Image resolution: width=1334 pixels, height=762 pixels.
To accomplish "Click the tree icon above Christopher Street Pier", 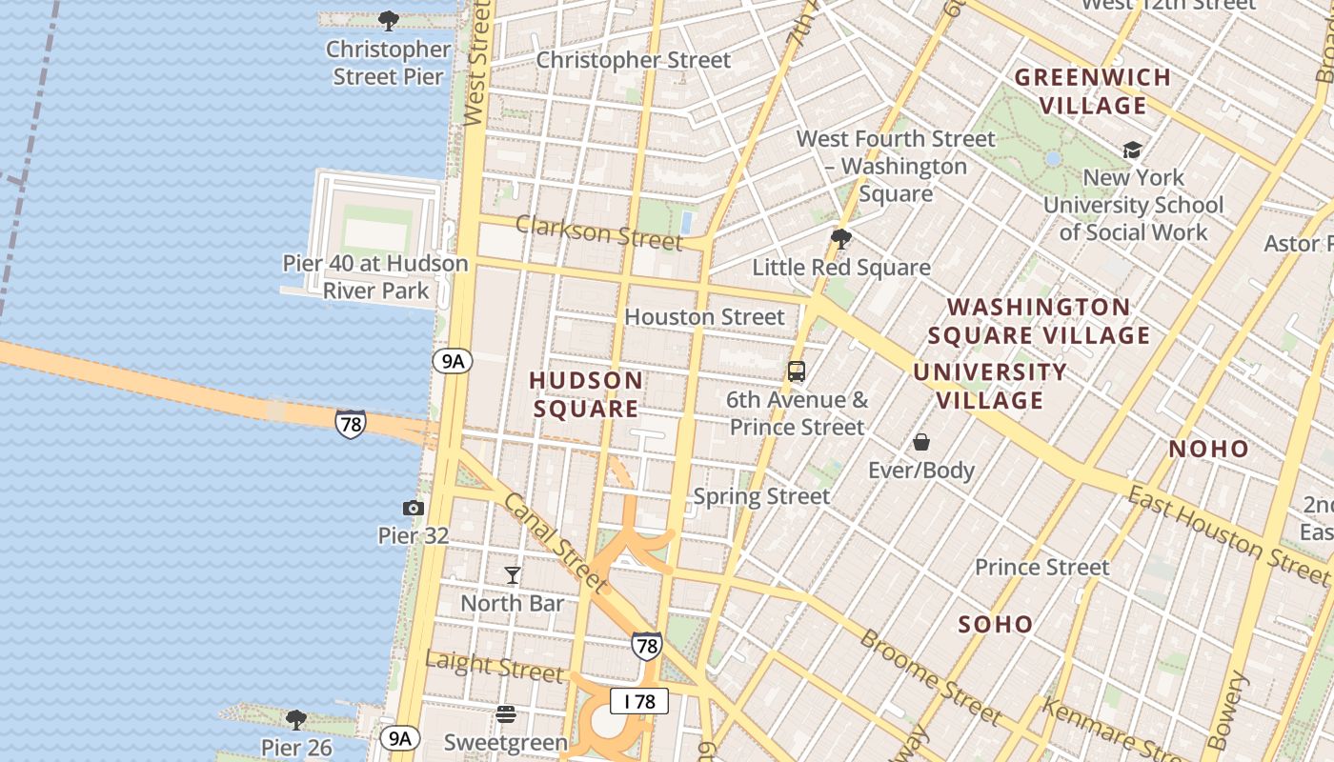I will point(388,20).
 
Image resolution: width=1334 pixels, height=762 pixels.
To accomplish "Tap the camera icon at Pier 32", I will point(414,508).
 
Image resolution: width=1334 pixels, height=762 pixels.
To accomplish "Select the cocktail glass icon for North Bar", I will point(513,574).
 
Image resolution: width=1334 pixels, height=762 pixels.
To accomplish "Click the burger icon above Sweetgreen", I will point(506,713).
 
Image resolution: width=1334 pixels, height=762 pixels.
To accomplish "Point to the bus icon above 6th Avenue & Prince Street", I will point(797,371).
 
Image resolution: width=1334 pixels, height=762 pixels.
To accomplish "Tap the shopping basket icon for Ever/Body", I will point(921,442).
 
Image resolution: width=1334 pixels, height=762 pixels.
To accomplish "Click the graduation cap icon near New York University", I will point(1132,150).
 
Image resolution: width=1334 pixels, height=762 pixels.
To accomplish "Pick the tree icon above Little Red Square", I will point(840,238).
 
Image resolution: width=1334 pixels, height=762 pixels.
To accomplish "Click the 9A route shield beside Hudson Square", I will point(453,361).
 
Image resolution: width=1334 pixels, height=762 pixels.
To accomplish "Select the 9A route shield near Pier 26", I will point(399,737).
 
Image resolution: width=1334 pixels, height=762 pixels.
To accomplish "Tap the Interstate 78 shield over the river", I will point(351,423).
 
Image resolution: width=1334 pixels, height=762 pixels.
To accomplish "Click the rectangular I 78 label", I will point(639,702).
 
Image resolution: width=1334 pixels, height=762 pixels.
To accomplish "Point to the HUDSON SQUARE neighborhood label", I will point(585,394).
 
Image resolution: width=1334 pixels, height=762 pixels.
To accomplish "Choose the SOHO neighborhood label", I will point(996,625).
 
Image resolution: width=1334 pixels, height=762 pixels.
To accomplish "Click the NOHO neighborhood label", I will point(1208,449).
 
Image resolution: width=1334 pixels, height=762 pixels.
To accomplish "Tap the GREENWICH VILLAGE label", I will point(1093,91).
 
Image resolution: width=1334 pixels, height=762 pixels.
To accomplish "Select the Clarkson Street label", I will point(598,232).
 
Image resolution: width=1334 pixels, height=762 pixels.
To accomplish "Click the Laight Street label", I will point(494,666).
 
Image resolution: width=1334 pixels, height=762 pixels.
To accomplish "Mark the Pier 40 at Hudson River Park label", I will point(375,277).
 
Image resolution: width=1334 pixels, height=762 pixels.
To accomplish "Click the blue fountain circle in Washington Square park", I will point(1053,159).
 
